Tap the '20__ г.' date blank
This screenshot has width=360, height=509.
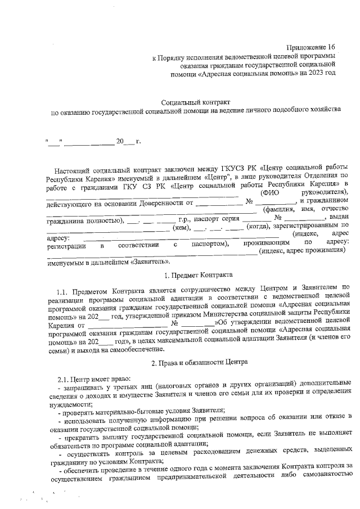click(x=128, y=141)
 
